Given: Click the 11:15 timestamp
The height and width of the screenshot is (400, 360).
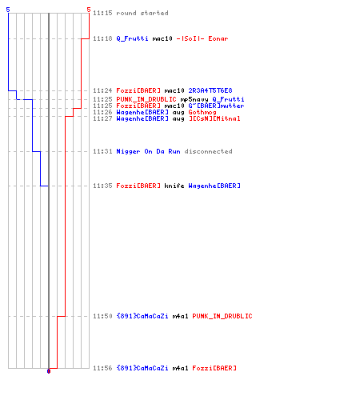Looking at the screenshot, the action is click(x=102, y=13).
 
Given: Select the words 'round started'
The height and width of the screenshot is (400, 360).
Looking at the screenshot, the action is click(x=142, y=13).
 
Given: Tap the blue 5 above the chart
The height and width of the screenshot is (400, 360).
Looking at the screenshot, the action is click(x=8, y=10).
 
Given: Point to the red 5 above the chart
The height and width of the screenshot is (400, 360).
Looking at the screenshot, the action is click(x=89, y=10).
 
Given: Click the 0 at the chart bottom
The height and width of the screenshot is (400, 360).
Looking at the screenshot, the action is click(x=49, y=371).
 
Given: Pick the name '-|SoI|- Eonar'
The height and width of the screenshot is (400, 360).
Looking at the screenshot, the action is click(x=202, y=38).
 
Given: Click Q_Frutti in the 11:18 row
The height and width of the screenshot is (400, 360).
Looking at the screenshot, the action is click(x=132, y=38).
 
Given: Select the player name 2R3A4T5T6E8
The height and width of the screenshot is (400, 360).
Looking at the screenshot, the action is click(x=210, y=90).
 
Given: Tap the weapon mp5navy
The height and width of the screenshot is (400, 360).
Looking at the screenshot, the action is click(x=194, y=99).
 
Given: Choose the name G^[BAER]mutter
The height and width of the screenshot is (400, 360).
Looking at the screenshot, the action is click(x=216, y=106).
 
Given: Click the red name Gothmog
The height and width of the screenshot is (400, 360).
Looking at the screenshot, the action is click(x=202, y=112).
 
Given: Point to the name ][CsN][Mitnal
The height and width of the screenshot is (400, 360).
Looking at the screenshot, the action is click(x=214, y=118).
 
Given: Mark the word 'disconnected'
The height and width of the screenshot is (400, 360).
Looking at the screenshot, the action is click(x=209, y=151).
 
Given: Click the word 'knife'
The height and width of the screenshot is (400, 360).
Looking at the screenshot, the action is click(x=174, y=186).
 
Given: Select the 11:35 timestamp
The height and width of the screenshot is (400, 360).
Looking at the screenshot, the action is click(x=102, y=186).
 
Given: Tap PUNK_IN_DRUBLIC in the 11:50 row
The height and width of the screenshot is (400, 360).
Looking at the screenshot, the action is click(x=222, y=316).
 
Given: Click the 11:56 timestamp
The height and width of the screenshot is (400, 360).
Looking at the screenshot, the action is click(x=102, y=368).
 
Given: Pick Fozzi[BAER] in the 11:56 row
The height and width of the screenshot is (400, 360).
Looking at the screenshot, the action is click(x=214, y=368).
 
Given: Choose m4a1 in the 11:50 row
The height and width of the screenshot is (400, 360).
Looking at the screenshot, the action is click(x=180, y=316).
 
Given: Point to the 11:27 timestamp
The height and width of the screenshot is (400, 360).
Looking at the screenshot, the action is click(x=102, y=118).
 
